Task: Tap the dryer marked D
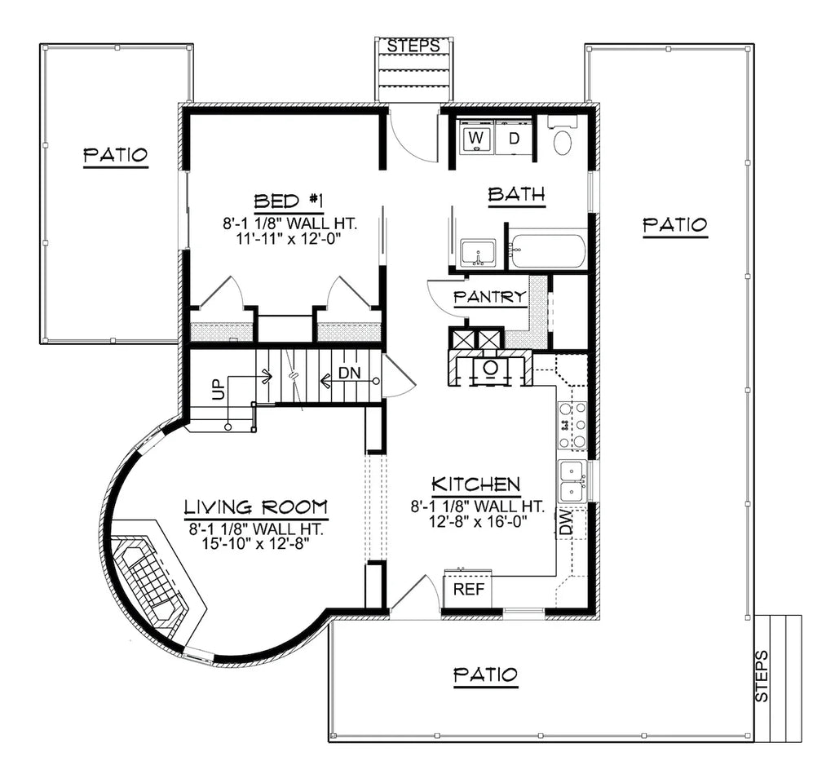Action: point(514,138)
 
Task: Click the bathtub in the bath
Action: point(547,251)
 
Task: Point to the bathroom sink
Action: point(477,253)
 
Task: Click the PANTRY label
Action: point(489,297)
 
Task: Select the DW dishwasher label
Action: point(566,523)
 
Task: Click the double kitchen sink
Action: point(572,481)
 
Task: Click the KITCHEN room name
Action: point(476,484)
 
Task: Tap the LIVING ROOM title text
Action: point(255,506)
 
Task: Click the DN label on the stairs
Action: point(349,374)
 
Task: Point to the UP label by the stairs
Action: point(217,391)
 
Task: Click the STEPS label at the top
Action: point(413,46)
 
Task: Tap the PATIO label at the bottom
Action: point(485,674)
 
